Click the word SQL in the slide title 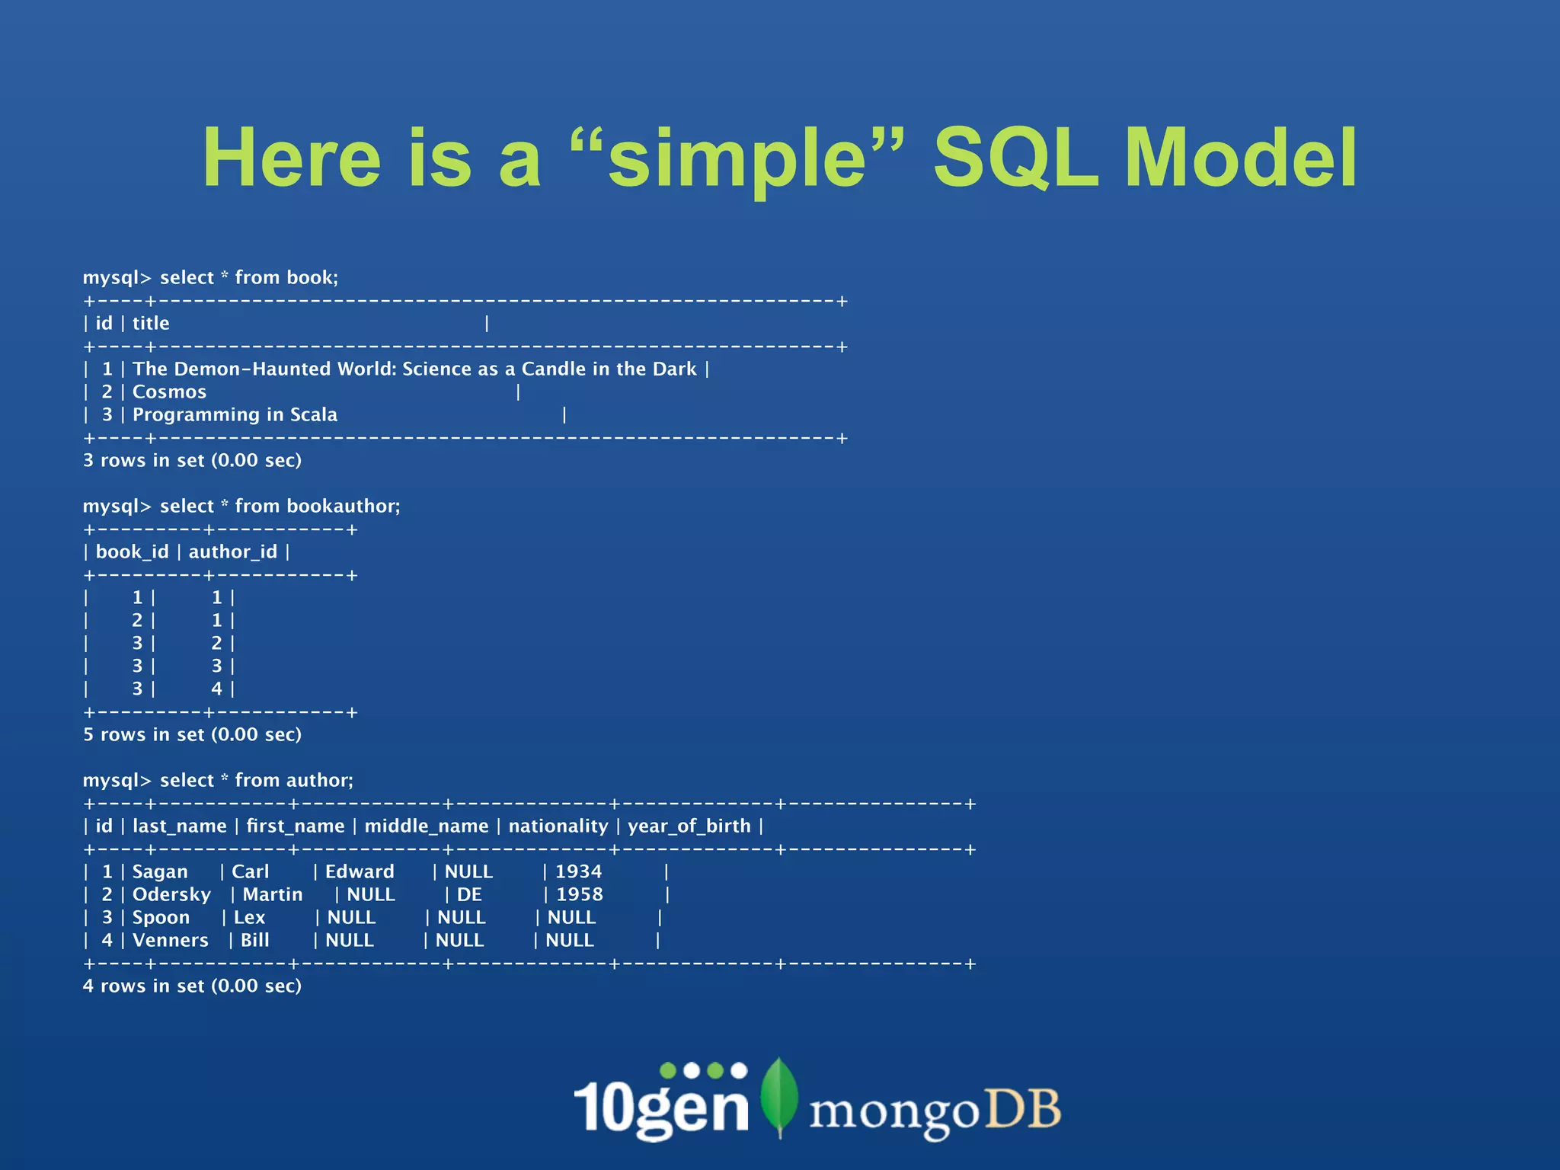pyautogui.click(x=1016, y=158)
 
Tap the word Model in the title pyautogui.click(x=1240, y=158)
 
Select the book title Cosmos pyautogui.click(x=169, y=392)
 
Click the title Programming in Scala pyautogui.click(x=235, y=415)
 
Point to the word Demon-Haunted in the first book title pyautogui.click(x=254, y=369)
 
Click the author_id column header pyautogui.click(x=233, y=552)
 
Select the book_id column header pyautogui.click(x=132, y=552)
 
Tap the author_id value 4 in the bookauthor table pyautogui.click(x=217, y=689)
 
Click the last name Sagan pyautogui.click(x=160, y=872)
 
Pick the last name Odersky pyautogui.click(x=171, y=895)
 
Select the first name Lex pyautogui.click(x=249, y=918)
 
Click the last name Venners pyautogui.click(x=170, y=941)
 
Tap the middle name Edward pyautogui.click(x=360, y=872)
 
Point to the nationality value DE pyautogui.click(x=469, y=895)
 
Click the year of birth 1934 pyautogui.click(x=578, y=872)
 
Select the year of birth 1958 pyautogui.click(x=579, y=895)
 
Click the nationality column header pyautogui.click(x=558, y=826)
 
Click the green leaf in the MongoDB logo pyautogui.click(x=779, y=1095)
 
